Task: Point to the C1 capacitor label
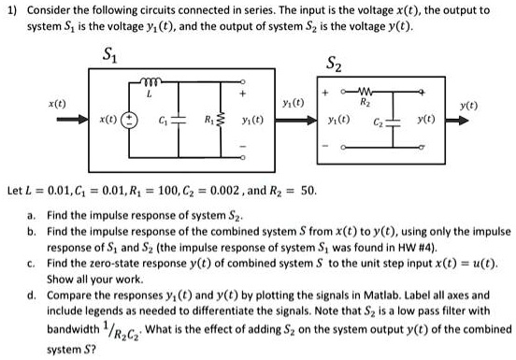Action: (x=163, y=124)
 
